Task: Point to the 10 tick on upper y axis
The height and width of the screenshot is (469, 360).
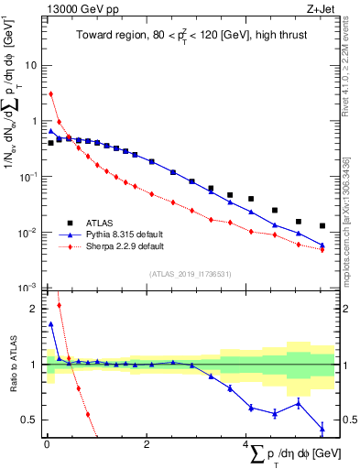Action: pos(31,66)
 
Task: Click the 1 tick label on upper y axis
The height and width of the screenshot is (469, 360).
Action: pos(34,121)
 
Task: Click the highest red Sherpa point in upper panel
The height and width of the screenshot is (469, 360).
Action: pos(51,93)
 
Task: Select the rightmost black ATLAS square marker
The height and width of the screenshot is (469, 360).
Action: pos(322,225)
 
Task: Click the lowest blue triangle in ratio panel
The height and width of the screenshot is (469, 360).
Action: pos(322,428)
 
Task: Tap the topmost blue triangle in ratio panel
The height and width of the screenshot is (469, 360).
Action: pos(51,323)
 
